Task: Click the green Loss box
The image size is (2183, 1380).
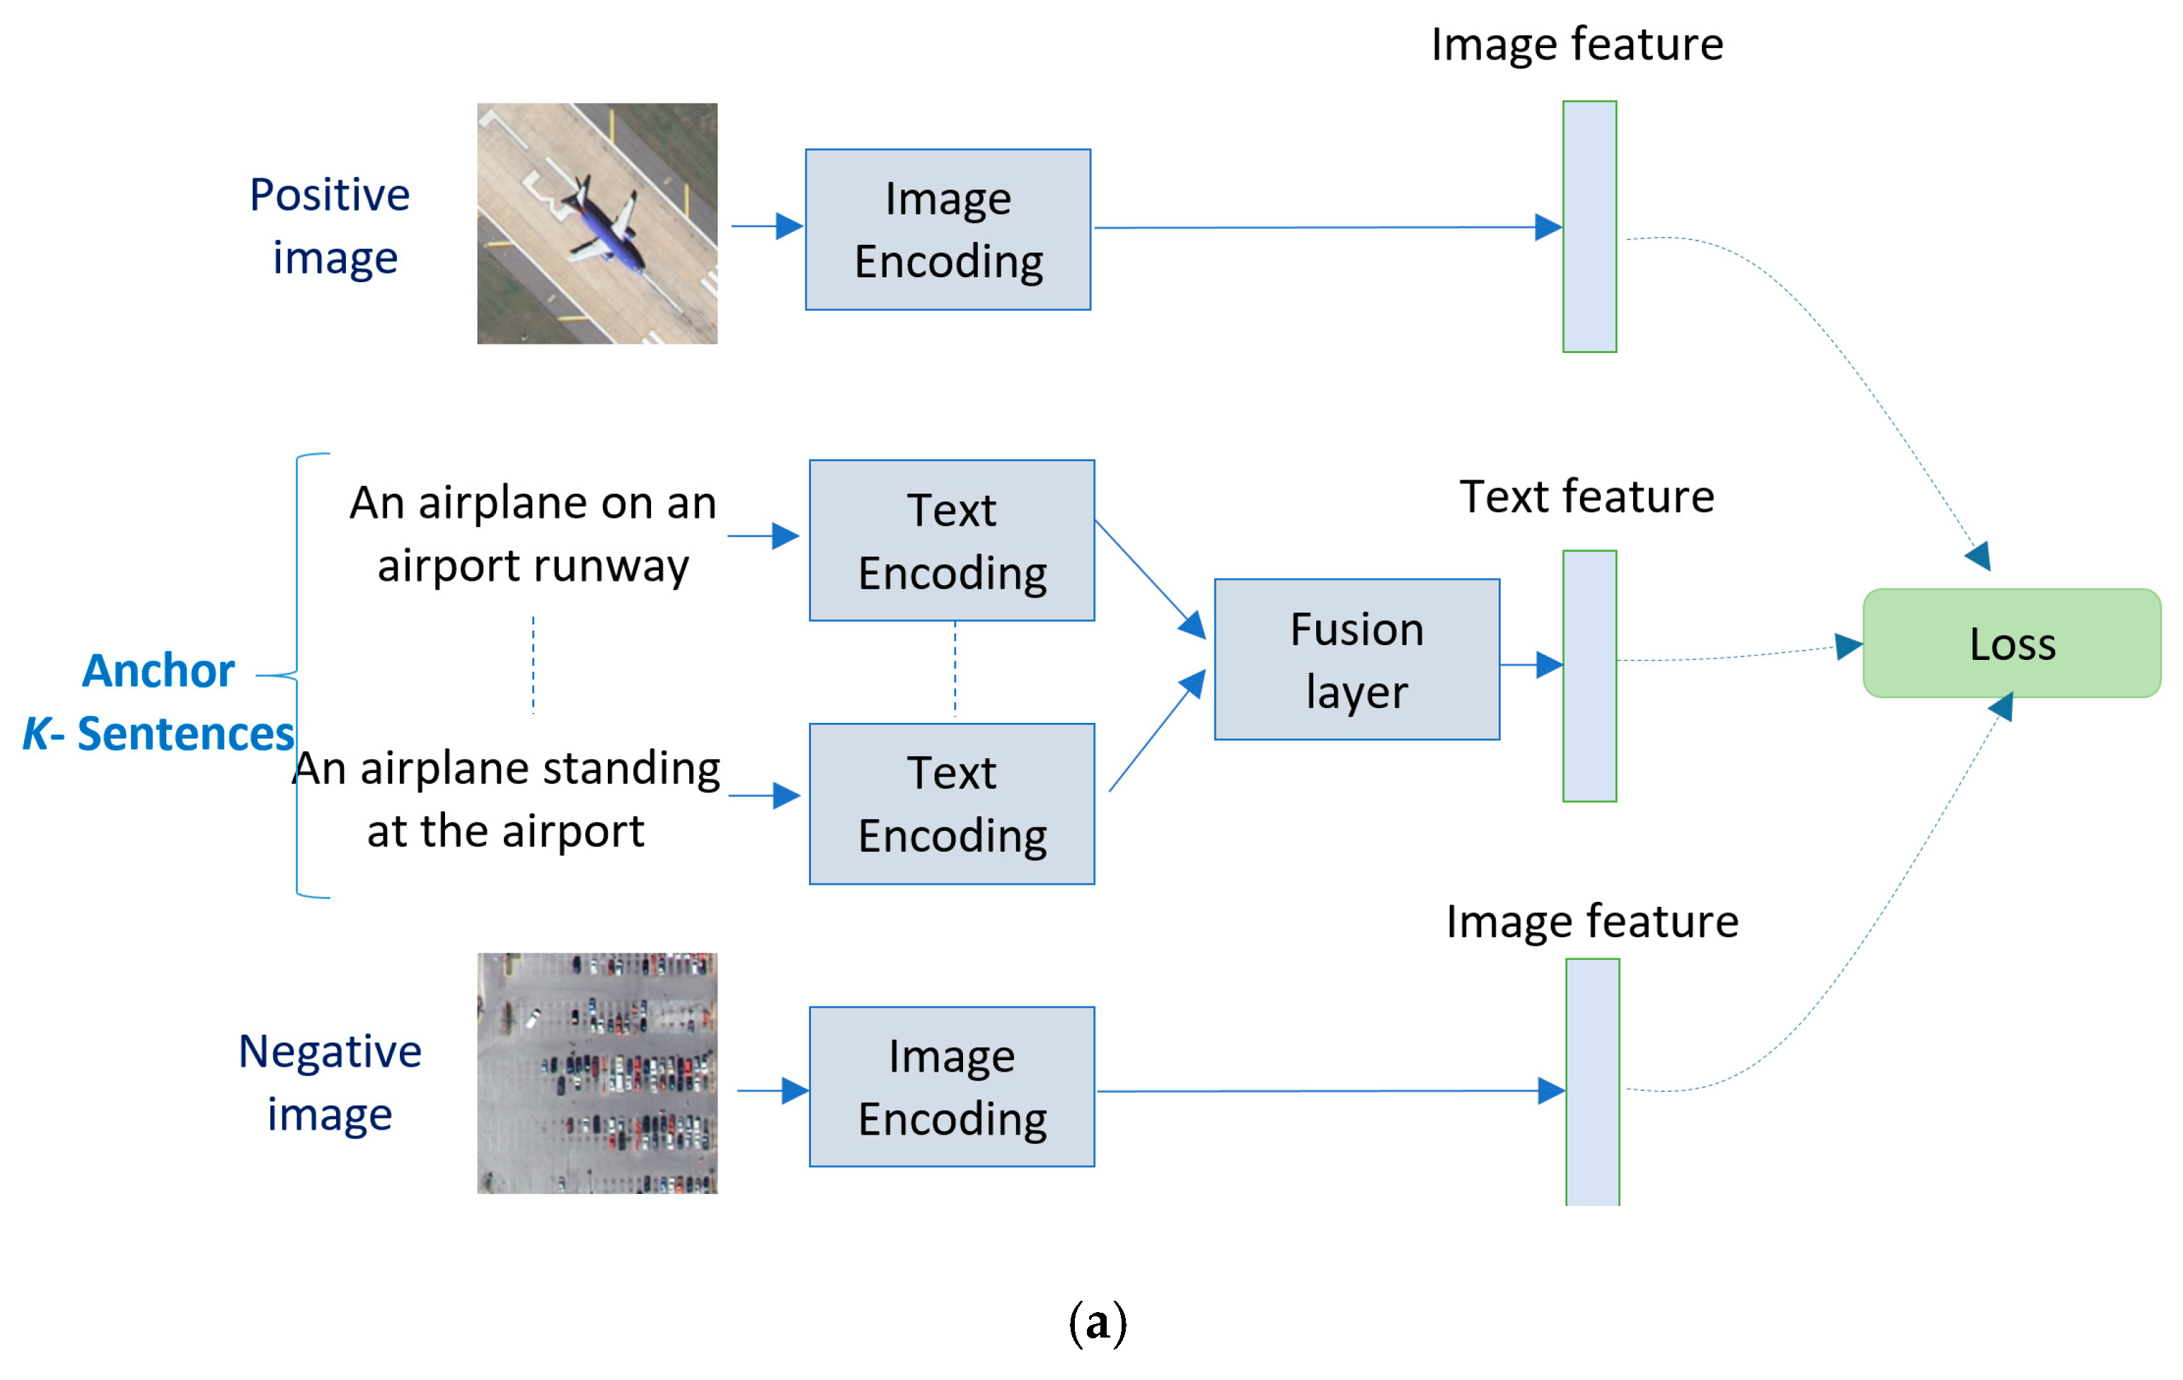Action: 2011,644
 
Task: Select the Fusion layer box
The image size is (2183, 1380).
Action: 1357,660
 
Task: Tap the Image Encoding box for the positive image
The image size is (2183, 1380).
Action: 947,229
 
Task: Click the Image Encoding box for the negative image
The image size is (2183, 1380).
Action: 951,1086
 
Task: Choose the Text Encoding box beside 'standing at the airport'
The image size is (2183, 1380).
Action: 951,804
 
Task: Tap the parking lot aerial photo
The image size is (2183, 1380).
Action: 597,1073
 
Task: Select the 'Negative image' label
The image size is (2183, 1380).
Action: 330,1082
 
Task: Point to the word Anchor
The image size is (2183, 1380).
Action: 159,671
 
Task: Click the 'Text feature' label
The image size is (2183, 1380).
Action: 1586,497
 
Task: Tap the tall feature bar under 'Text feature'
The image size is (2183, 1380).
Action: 1589,676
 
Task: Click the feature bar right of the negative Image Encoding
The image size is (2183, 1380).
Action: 1592,1082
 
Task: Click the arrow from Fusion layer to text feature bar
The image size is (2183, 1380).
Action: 1531,665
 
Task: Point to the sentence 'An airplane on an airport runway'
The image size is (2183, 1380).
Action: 533,534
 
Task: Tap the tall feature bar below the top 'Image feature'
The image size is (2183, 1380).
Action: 1589,226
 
